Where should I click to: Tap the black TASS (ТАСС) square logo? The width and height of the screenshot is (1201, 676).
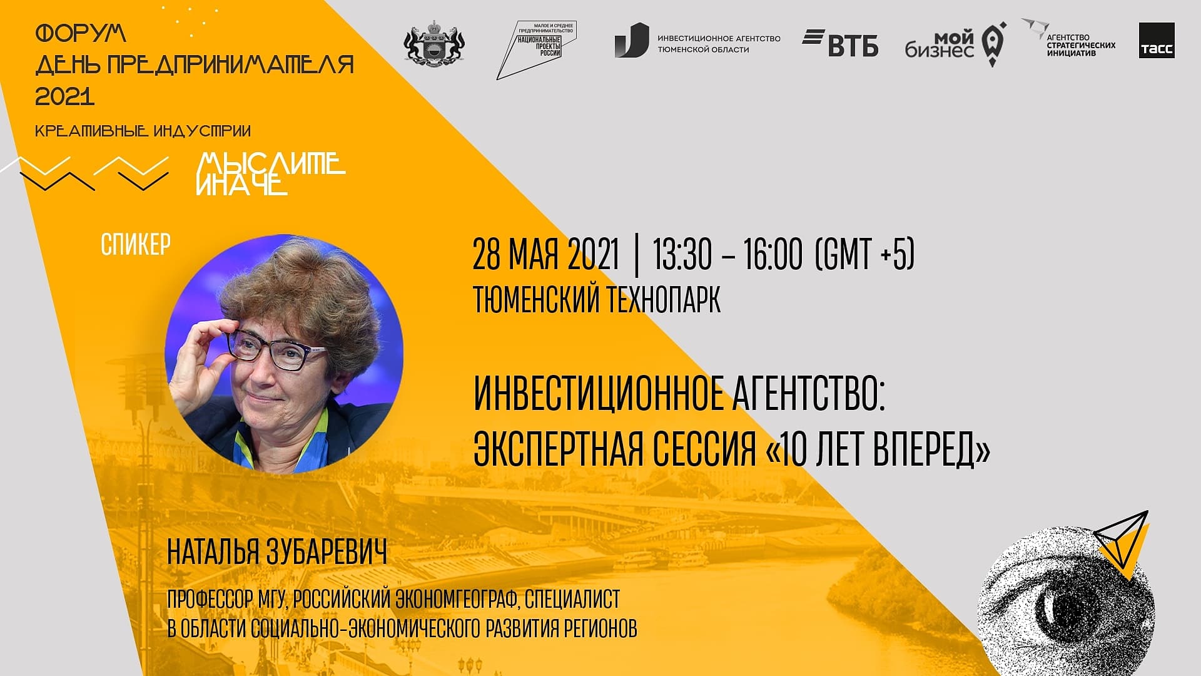tap(1157, 41)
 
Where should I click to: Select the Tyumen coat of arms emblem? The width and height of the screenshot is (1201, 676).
tap(435, 43)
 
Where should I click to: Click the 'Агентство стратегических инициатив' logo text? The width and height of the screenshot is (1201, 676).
tap(1081, 45)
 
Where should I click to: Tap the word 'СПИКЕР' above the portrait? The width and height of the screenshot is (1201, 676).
tap(136, 245)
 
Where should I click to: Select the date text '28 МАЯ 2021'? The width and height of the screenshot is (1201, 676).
tap(545, 254)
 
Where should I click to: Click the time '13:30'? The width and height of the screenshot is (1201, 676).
tap(682, 254)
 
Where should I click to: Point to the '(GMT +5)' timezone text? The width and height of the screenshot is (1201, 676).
tap(865, 254)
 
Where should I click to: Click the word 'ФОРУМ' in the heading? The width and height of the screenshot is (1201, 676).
tap(81, 33)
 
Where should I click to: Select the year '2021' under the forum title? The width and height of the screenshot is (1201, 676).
tap(65, 96)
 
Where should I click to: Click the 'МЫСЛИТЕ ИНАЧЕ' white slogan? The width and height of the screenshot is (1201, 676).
tap(271, 173)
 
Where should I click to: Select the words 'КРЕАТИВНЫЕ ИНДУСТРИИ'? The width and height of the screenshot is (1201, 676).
tap(143, 131)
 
